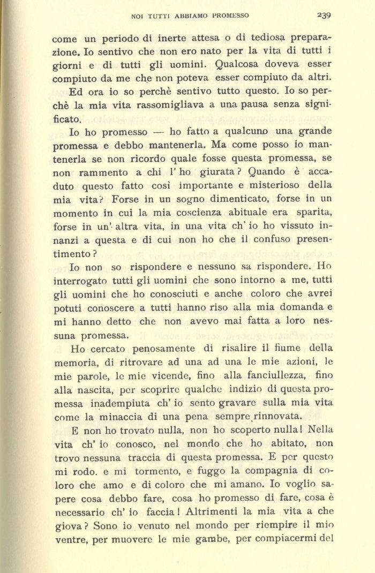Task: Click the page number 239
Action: [x=324, y=15]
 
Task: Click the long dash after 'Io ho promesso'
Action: [x=159, y=131]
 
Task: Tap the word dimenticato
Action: [x=215, y=198]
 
